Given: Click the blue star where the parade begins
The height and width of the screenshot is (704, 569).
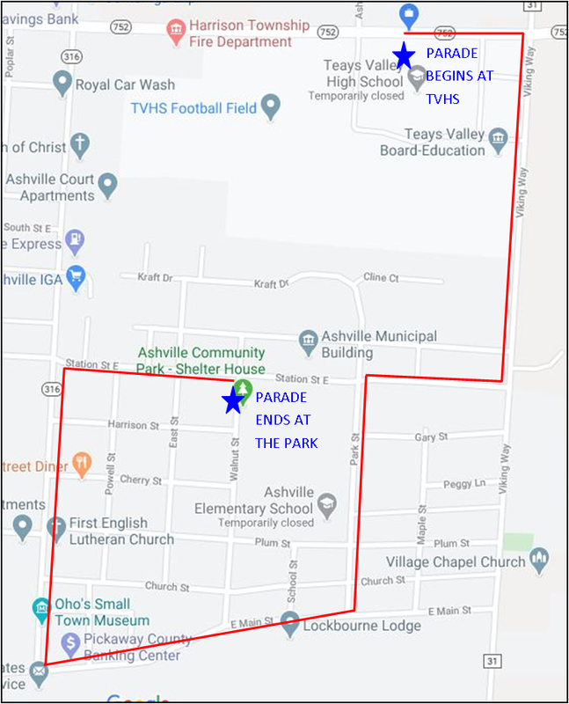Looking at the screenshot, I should (x=404, y=55).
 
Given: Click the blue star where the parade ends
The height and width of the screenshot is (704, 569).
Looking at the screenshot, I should (x=233, y=400).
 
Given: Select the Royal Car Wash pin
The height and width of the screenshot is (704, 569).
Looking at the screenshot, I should (x=62, y=84).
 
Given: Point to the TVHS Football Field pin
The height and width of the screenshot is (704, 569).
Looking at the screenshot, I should (x=271, y=107).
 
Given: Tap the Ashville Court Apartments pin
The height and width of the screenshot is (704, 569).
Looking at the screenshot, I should (x=107, y=185).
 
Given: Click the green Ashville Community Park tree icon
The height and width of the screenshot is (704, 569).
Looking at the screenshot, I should (x=243, y=387).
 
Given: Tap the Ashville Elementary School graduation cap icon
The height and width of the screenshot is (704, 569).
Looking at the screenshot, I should (x=326, y=503).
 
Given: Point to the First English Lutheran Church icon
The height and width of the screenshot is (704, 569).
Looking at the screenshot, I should (x=56, y=528).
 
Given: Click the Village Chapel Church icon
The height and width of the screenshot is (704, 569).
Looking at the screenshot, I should (x=539, y=558).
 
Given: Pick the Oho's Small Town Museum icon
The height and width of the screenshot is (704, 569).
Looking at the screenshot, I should (x=40, y=608).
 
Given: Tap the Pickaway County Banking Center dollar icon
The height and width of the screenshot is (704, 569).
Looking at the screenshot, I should (x=69, y=644).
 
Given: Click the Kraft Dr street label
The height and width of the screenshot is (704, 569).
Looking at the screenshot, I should (x=155, y=277).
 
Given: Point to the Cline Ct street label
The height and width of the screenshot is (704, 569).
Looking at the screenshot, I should (x=381, y=277).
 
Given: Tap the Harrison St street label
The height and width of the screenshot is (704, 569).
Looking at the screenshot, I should (x=128, y=425).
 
